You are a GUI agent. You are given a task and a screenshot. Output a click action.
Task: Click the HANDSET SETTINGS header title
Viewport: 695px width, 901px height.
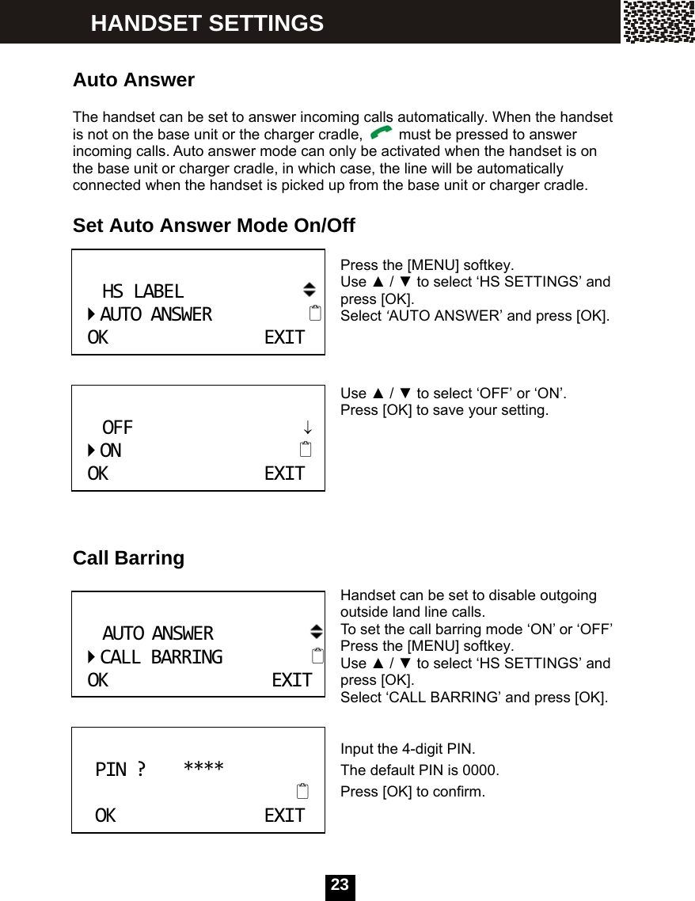pos(207,23)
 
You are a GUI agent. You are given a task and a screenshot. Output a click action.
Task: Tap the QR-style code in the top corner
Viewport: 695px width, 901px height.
pos(658,21)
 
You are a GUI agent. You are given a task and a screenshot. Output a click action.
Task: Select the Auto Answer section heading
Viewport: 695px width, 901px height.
pos(133,80)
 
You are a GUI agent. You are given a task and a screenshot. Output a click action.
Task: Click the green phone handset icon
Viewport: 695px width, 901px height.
pos(381,135)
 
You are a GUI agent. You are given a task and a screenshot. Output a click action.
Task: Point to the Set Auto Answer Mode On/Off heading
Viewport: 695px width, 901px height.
pos(214,226)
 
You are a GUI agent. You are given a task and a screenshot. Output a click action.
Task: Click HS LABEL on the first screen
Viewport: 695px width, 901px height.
pos(142,291)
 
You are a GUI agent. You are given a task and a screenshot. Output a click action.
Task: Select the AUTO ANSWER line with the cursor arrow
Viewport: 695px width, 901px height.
pos(155,314)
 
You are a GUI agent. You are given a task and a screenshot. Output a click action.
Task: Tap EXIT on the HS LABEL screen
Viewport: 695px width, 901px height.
pos(284,338)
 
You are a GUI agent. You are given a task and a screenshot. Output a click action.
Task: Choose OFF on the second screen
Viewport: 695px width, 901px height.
pos(118,428)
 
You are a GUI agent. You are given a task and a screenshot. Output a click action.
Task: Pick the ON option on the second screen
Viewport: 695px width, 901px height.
pos(111,450)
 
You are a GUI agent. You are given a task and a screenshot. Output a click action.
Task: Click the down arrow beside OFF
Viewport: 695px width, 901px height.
pos(307,428)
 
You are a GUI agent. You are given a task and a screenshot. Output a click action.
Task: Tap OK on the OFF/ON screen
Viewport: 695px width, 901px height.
pos(98,473)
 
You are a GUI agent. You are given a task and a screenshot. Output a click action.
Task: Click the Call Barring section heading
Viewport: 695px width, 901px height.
pos(128,558)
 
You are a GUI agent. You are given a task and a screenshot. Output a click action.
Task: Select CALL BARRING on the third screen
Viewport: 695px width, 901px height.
pos(161,657)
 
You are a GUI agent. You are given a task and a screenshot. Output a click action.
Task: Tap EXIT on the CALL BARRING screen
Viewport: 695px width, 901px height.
pos(291,680)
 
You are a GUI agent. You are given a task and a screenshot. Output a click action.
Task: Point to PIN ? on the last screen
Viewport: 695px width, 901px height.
pos(120,769)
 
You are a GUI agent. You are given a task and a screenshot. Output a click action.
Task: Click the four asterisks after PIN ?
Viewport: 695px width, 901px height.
pos(203,768)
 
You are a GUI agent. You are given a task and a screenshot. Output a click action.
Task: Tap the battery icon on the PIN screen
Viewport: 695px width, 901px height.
pos(302,791)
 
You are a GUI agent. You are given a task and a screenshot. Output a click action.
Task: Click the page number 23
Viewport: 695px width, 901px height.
pos(340,885)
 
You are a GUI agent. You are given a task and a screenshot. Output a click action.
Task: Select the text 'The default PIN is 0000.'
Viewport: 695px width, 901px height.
pos(420,770)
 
